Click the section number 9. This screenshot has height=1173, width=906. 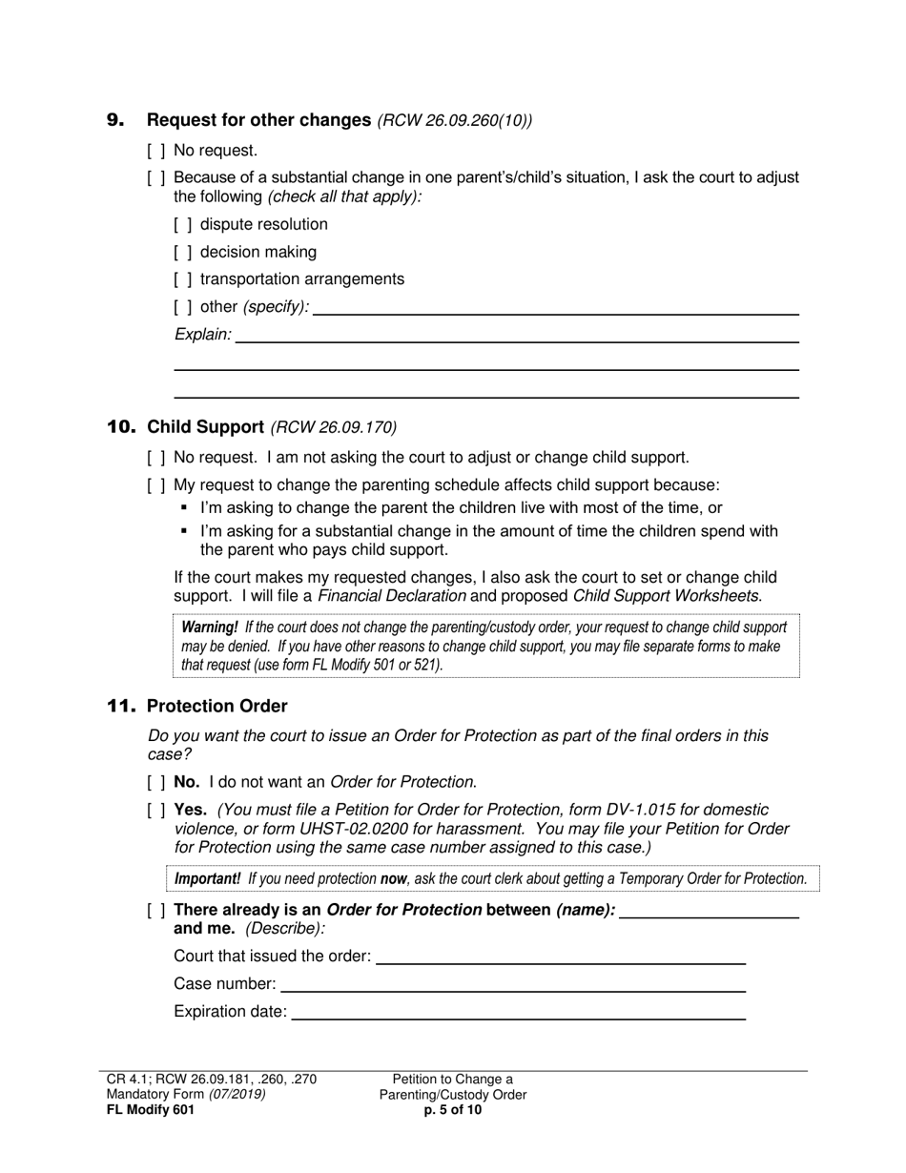[x=114, y=120]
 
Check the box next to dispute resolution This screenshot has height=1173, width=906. [x=183, y=225]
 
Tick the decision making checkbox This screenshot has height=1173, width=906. [x=183, y=253]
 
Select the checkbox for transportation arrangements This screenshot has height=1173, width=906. [x=183, y=279]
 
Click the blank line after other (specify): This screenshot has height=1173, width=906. [x=555, y=307]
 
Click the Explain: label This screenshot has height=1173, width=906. [x=202, y=335]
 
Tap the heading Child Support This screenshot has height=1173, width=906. [x=205, y=427]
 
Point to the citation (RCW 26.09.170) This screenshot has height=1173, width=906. [x=334, y=427]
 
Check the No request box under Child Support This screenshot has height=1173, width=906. [x=156, y=459]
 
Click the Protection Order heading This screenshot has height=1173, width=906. [x=216, y=707]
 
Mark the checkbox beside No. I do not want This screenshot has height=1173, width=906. [x=156, y=783]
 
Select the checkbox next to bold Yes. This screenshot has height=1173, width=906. [x=156, y=811]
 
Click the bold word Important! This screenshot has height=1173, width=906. [x=207, y=879]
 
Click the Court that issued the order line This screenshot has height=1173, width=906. [x=560, y=957]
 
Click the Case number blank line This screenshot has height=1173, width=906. [x=512, y=984]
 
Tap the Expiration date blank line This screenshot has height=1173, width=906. [x=517, y=1012]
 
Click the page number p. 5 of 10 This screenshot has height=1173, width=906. [x=453, y=1110]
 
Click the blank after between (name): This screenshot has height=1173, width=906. [x=709, y=911]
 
